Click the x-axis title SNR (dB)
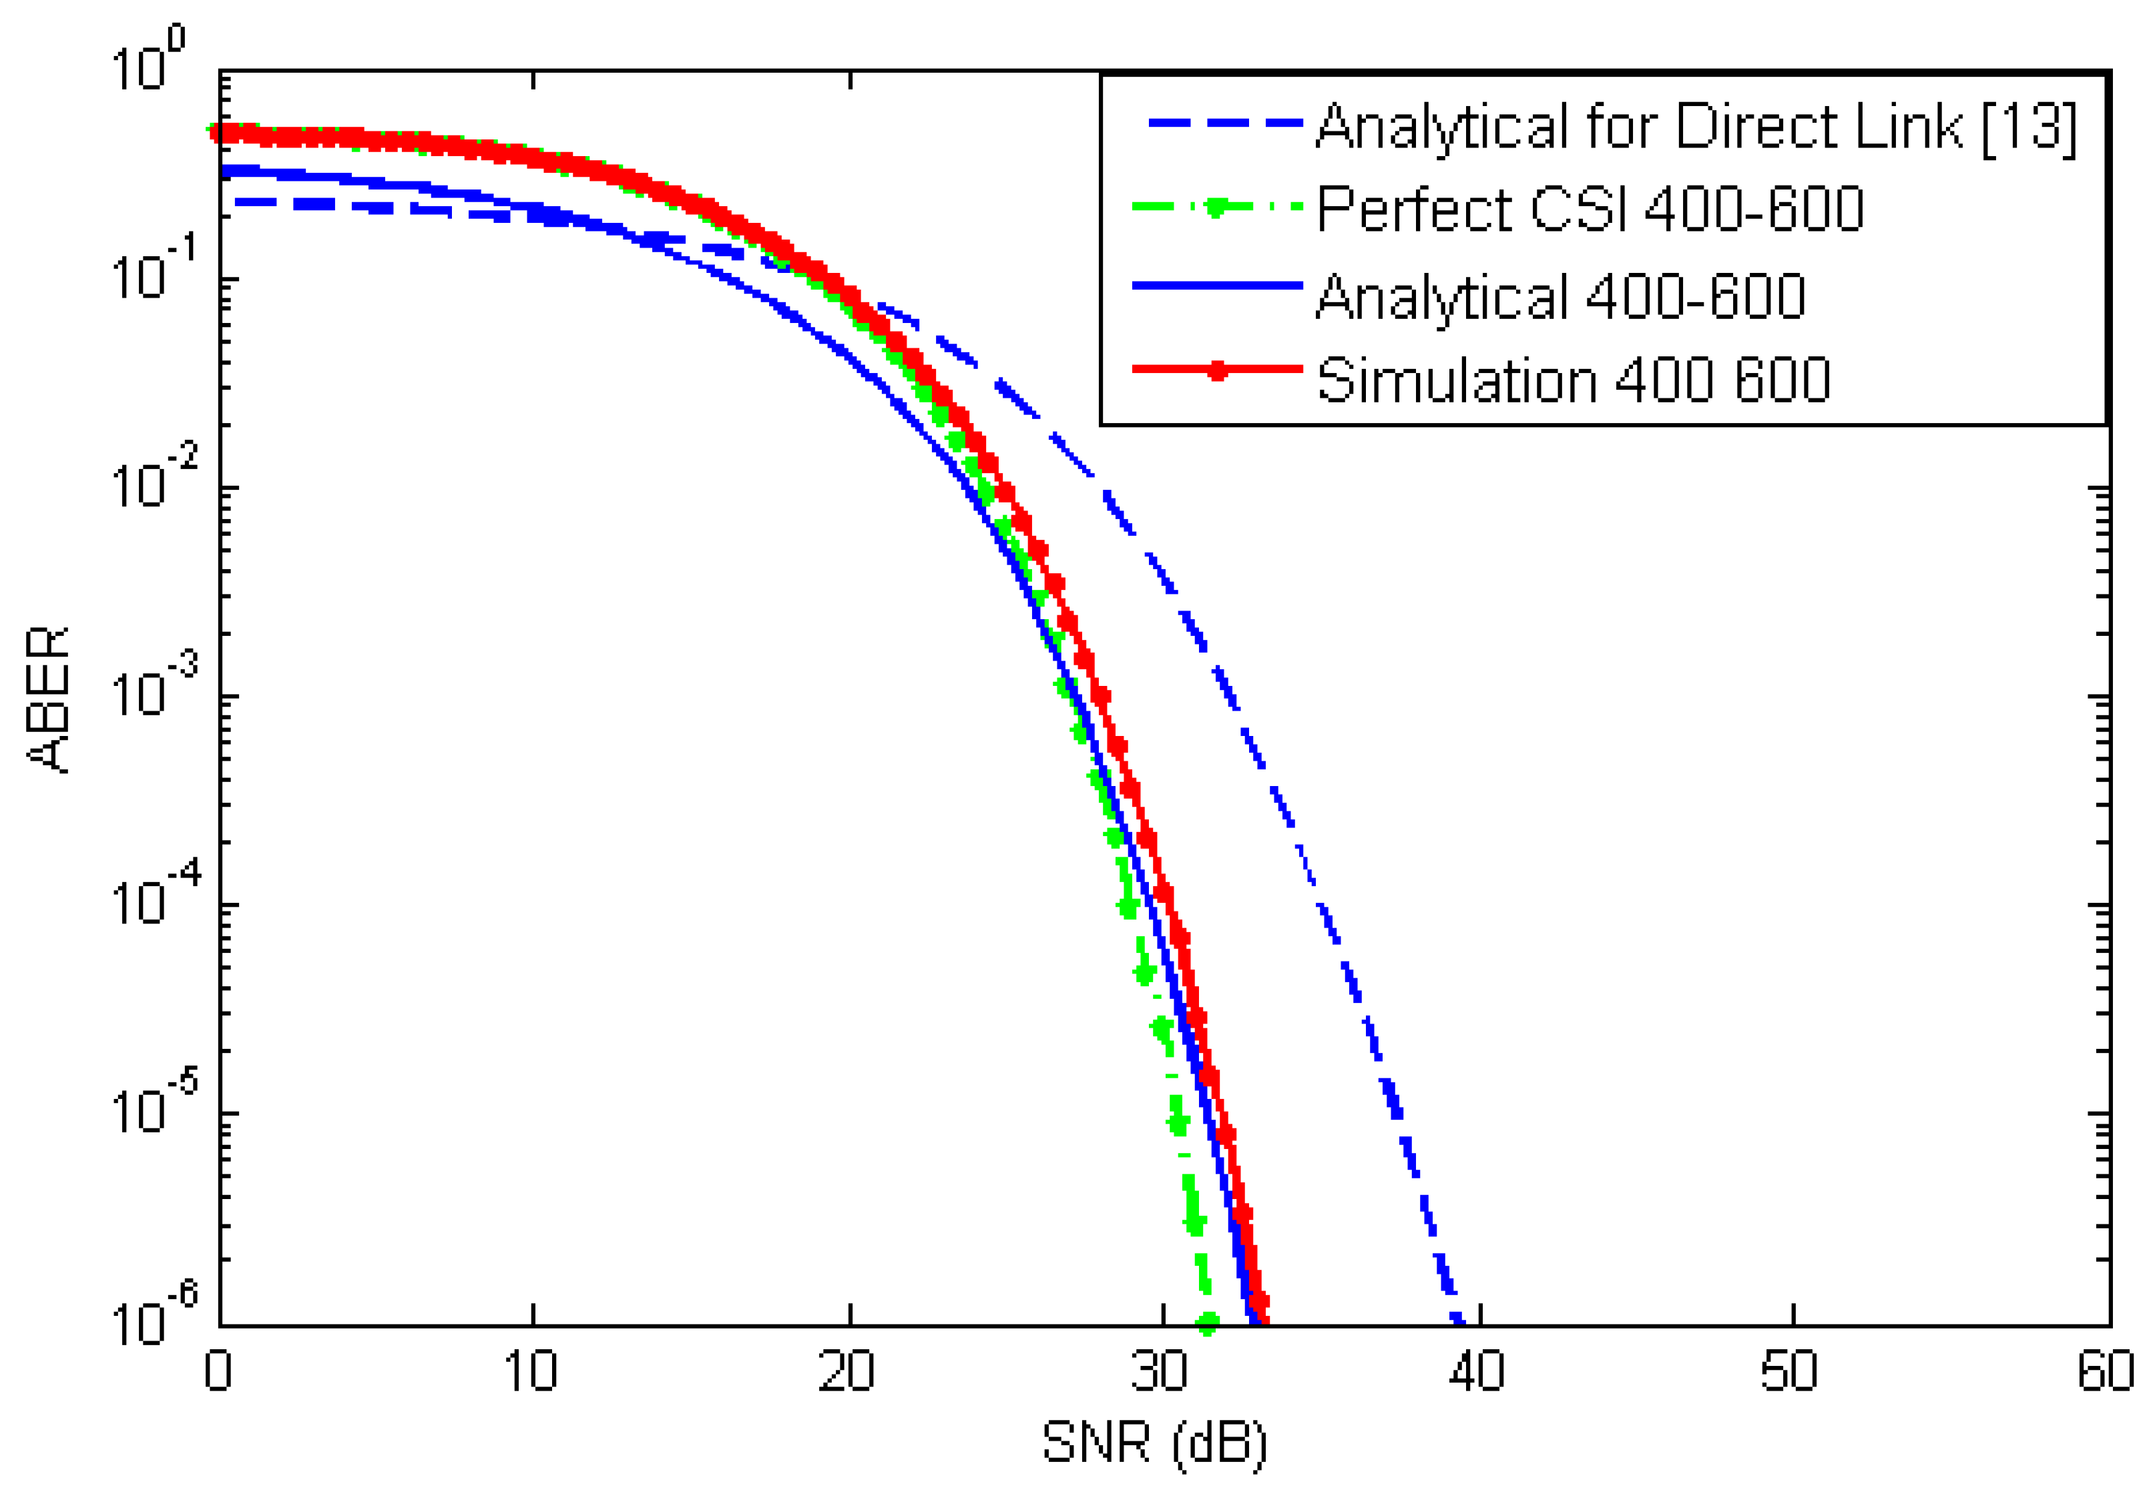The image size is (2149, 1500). [1154, 1442]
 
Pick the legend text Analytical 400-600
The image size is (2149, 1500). [1560, 297]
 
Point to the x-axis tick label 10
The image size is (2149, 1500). [531, 1372]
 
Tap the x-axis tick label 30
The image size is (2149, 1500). [1160, 1372]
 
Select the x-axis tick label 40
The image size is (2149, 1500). [1476, 1372]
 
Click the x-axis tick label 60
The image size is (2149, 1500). [2104, 1372]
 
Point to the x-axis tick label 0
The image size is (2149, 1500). [218, 1372]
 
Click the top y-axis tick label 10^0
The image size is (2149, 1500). [147, 62]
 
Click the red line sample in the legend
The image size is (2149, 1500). [1217, 370]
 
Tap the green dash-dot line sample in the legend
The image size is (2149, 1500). [1217, 207]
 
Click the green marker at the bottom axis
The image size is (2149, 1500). [1208, 1323]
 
